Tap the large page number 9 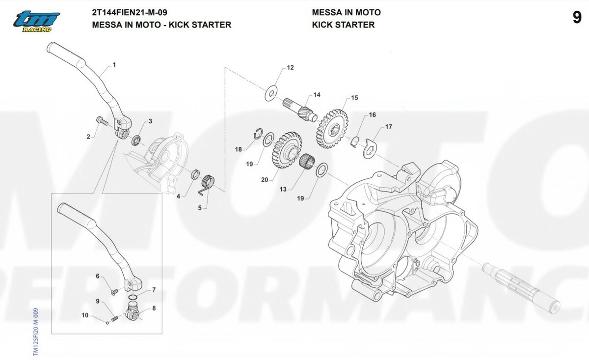[577, 18]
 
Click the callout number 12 [291, 67]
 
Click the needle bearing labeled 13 [307, 161]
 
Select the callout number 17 [388, 127]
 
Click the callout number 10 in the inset [85, 316]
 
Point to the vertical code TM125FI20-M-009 [35, 332]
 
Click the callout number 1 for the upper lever [114, 64]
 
